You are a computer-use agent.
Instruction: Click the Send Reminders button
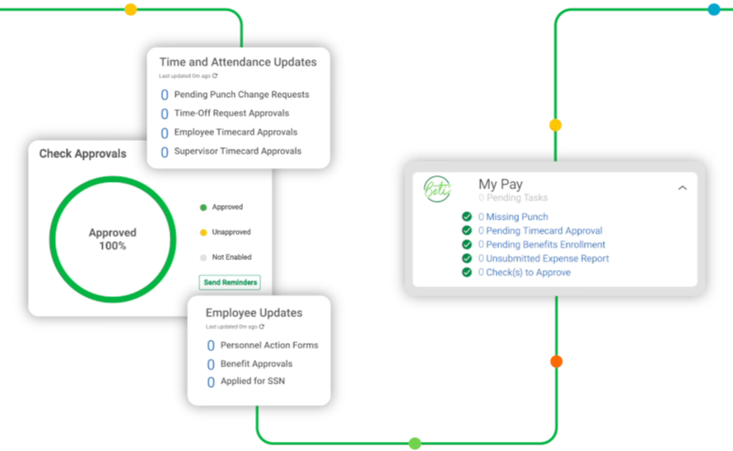[230, 282]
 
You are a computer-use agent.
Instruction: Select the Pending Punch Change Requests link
[241, 95]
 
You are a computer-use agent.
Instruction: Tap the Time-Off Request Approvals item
[231, 114]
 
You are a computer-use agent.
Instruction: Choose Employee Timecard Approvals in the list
[236, 133]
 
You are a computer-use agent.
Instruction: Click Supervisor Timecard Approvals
[237, 151]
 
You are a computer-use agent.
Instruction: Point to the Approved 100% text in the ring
[112, 239]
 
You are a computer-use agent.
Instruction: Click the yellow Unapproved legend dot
[203, 232]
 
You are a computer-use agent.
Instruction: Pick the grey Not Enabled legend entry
[231, 258]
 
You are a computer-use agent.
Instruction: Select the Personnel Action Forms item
[268, 346]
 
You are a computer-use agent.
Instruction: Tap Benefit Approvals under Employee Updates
[256, 364]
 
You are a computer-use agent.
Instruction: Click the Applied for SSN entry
[253, 382]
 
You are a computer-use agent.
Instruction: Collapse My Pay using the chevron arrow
[682, 188]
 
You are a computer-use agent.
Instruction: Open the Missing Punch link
[516, 217]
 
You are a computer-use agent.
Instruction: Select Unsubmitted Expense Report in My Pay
[547, 258]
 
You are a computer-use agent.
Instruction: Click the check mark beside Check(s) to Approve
[467, 272]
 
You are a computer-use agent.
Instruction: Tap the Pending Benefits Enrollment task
[545, 244]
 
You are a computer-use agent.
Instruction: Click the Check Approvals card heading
[83, 154]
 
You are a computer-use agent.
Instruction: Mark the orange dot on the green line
[556, 361]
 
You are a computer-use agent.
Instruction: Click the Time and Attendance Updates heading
[238, 63]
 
